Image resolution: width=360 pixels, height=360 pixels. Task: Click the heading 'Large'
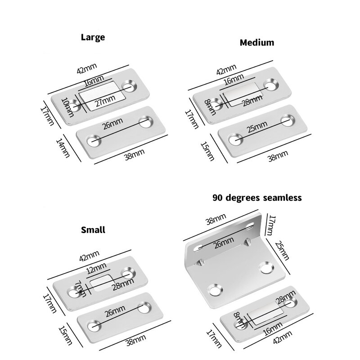[x=93, y=37]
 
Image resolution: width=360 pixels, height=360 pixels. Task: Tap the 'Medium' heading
[x=257, y=43]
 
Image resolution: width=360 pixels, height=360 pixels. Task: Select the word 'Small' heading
[x=93, y=230]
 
